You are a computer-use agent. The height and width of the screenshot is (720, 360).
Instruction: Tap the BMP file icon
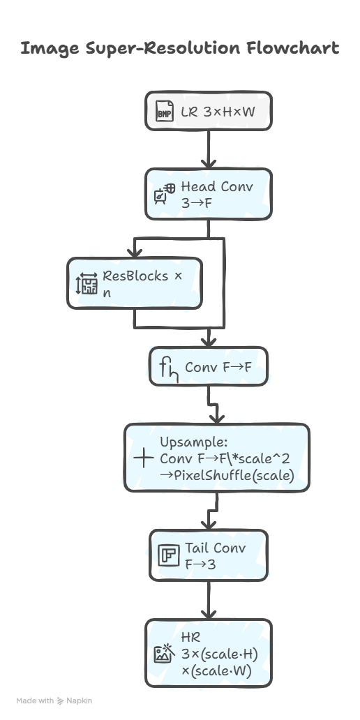165,111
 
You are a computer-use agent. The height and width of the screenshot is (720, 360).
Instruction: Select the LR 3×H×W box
209,111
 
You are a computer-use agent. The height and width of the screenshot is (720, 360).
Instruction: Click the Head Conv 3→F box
209,194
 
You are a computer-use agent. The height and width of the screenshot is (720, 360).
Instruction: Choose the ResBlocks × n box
135,283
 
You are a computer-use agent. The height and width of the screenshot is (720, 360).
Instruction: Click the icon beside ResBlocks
87,283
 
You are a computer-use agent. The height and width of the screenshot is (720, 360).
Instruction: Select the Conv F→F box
209,366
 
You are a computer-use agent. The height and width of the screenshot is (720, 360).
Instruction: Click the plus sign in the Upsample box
143,458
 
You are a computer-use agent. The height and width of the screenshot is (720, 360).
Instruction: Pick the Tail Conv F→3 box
209,555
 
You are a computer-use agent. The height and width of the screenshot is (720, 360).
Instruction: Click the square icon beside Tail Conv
169,555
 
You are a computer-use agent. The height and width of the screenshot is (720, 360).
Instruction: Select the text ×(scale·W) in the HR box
216,671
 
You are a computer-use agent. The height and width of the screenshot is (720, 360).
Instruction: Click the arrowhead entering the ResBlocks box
135,253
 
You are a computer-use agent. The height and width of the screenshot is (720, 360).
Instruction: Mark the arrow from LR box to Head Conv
209,149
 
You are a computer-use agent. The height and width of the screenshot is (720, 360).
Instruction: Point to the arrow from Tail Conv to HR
209,600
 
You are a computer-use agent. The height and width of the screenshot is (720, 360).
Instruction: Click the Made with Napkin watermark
54,700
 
